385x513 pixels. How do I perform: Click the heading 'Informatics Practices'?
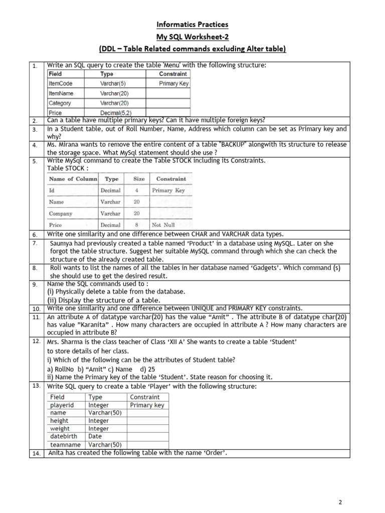192,24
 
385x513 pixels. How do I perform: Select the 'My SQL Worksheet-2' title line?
192,36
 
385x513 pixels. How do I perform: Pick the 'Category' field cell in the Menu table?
60,103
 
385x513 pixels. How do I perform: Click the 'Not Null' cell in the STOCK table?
163,225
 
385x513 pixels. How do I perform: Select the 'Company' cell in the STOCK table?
61,214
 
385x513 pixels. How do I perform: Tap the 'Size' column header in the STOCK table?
139,179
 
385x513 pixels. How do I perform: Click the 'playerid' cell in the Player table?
62,405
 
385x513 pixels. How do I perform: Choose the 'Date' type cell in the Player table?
95,436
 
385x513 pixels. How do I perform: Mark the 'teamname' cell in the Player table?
65,444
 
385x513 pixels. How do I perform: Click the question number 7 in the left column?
35,243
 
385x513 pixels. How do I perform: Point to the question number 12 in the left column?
36,341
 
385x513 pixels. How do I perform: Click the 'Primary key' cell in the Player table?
147,405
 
